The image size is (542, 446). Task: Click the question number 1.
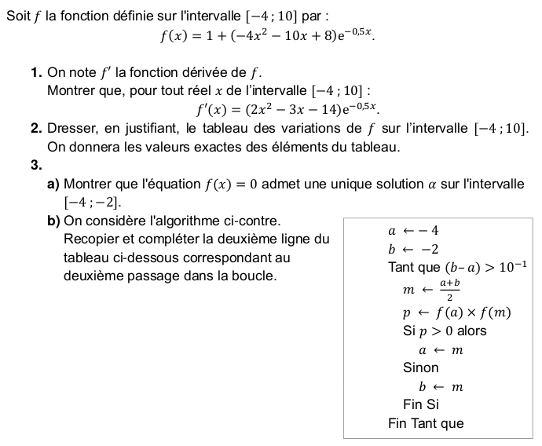(x=36, y=73)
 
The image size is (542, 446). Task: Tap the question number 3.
(x=36, y=165)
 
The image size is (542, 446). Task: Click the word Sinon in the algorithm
(x=421, y=367)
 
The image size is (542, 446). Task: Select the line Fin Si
(x=421, y=404)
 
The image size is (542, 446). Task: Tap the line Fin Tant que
(x=426, y=424)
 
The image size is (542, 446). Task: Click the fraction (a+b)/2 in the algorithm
(x=449, y=289)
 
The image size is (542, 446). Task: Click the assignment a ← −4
(x=413, y=231)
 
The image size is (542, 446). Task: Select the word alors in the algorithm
(x=472, y=331)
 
